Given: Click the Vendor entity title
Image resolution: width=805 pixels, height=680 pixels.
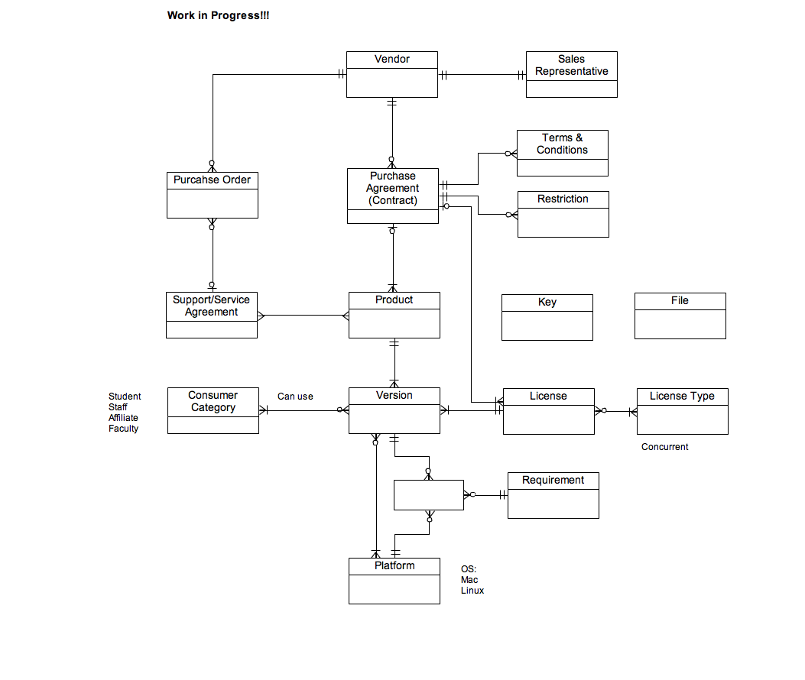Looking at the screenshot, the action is pyautogui.click(x=391, y=59).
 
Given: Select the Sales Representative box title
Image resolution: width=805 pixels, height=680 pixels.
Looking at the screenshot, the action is pyautogui.click(x=571, y=65).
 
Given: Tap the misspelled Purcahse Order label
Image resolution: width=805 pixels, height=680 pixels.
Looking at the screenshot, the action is pyautogui.click(x=212, y=180).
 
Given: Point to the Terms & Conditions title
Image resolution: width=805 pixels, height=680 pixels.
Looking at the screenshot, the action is pyautogui.click(x=562, y=144).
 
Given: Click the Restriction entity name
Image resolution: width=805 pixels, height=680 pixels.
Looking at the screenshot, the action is pyautogui.click(x=563, y=199).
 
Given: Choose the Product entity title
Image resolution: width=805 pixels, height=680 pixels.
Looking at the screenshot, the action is pyautogui.click(x=394, y=300).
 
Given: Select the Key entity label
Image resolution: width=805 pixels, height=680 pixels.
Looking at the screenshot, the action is pyautogui.click(x=547, y=303).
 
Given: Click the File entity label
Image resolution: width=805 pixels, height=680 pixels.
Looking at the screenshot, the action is pyautogui.click(x=680, y=301).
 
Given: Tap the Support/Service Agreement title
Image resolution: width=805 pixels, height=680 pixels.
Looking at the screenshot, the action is pyautogui.click(x=211, y=306).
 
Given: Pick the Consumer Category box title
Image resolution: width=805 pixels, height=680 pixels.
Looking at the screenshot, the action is pyautogui.click(x=213, y=401).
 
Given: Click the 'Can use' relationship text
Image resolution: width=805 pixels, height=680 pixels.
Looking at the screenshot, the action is pyautogui.click(x=295, y=397).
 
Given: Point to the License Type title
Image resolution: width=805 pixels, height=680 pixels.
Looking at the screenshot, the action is pyautogui.click(x=682, y=397).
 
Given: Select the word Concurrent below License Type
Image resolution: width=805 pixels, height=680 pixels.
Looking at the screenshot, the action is pyautogui.click(x=665, y=447).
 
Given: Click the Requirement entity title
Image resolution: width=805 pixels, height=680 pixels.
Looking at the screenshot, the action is pyautogui.click(x=553, y=480).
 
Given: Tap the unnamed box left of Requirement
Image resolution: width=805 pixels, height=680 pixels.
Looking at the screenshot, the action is pyautogui.click(x=429, y=495).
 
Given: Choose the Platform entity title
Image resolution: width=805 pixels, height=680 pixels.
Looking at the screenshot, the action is pyautogui.click(x=394, y=565).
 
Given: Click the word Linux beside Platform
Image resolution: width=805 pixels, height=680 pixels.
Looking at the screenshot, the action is pyautogui.click(x=472, y=591).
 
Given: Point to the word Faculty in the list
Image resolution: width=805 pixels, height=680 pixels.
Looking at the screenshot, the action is pyautogui.click(x=123, y=429).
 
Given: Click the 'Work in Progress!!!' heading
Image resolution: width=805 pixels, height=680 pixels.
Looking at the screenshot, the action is pyautogui.click(x=218, y=15).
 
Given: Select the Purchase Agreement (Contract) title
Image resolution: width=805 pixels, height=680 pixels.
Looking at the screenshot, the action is pyautogui.click(x=393, y=189).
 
